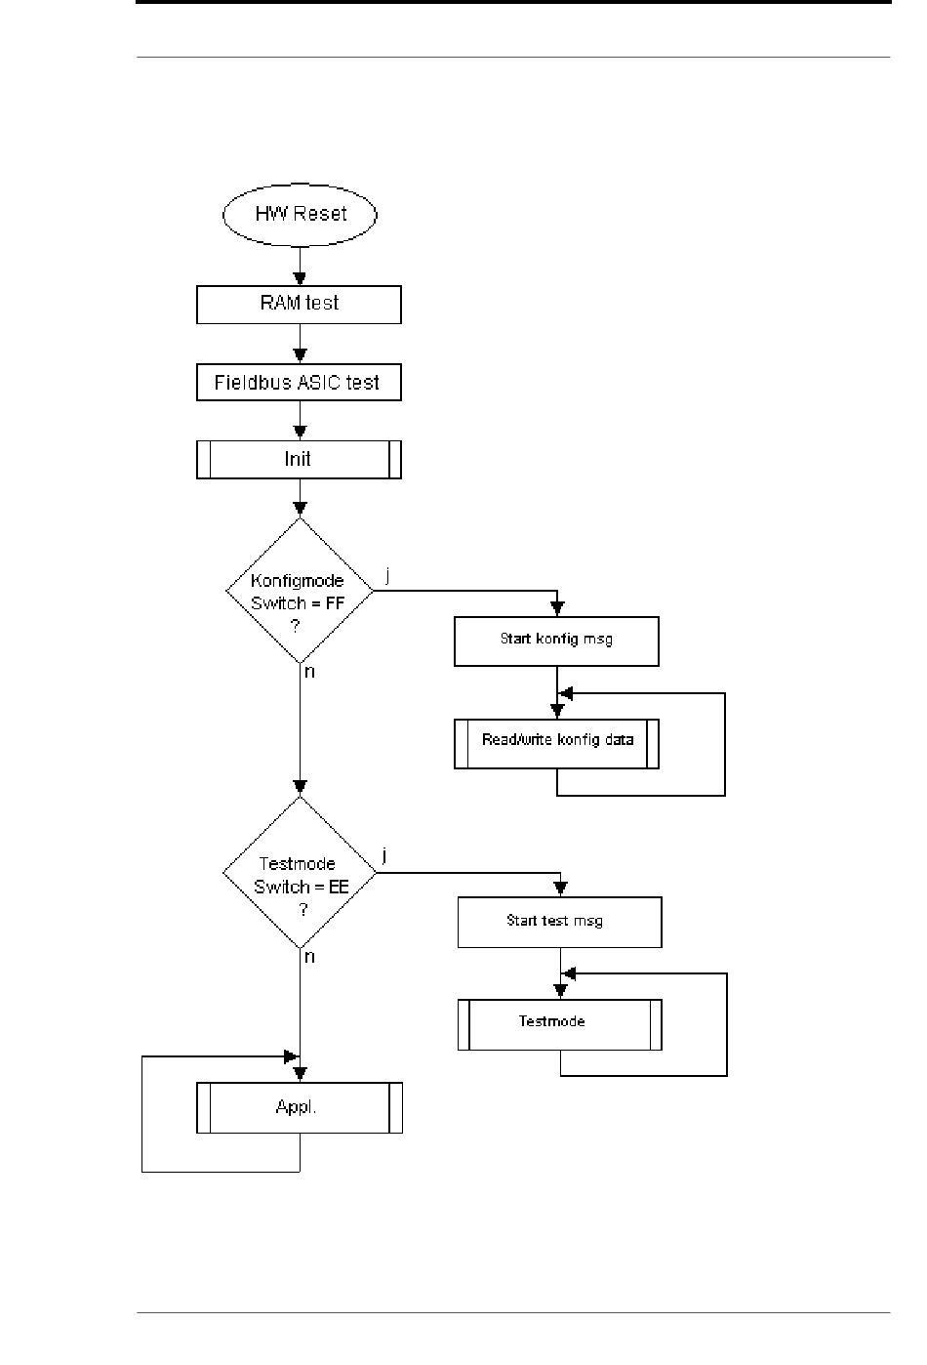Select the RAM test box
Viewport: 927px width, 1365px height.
click(299, 305)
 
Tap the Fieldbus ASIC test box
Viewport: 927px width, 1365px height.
click(299, 382)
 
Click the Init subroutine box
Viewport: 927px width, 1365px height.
click(299, 460)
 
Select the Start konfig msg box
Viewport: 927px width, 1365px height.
click(556, 641)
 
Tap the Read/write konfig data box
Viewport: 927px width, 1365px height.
click(556, 743)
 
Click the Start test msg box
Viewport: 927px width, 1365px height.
click(560, 922)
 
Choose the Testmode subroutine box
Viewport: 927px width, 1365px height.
click(560, 1024)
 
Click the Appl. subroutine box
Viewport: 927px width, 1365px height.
click(300, 1107)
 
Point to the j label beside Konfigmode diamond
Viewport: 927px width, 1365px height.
click(387, 575)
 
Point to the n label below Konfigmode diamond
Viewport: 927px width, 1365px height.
click(309, 672)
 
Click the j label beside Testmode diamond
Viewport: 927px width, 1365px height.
click(384, 856)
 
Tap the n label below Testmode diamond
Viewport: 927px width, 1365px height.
click(309, 957)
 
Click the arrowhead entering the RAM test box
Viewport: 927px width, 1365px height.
click(300, 279)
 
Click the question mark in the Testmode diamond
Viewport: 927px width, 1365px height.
click(303, 910)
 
